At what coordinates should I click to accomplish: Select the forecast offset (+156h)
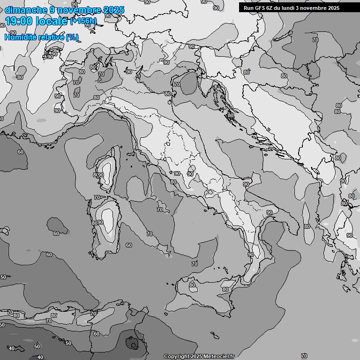[x=84, y=21]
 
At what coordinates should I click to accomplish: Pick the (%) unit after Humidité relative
[x=72, y=37]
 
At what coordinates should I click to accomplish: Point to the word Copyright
[x=176, y=356]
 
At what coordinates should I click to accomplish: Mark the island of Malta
[x=214, y=336]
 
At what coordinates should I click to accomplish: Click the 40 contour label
[x=40, y=357]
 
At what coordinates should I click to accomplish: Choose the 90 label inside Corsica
[x=100, y=175]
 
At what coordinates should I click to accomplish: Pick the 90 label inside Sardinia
[x=100, y=223]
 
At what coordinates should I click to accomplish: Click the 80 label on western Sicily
[x=192, y=285]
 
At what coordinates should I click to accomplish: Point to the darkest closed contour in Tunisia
[x=133, y=344]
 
